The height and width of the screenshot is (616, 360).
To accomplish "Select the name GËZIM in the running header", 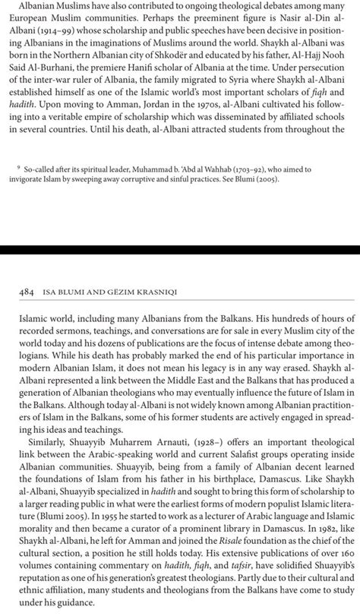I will (x=112, y=292).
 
